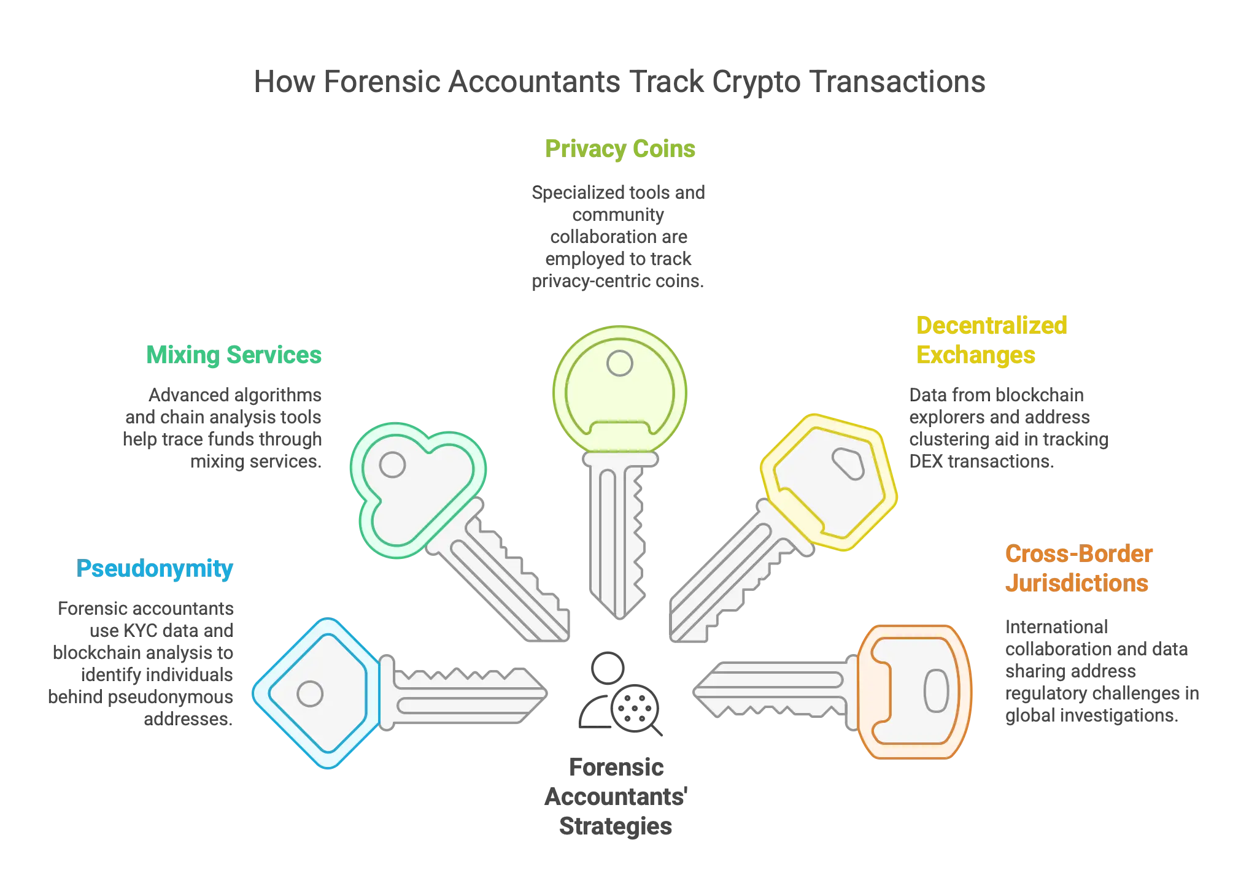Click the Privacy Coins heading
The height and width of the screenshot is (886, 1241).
619,150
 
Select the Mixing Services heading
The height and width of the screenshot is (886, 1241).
234,355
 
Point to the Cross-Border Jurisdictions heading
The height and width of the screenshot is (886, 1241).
1078,568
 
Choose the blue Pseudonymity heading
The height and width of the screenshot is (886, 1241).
155,569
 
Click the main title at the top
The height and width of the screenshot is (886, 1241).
619,81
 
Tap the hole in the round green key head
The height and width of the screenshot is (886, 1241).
619,363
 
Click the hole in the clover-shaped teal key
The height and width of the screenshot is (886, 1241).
392,464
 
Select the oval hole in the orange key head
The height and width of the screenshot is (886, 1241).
936,691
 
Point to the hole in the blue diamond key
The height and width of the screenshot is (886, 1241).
309,694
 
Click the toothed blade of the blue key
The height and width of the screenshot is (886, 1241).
466,693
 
